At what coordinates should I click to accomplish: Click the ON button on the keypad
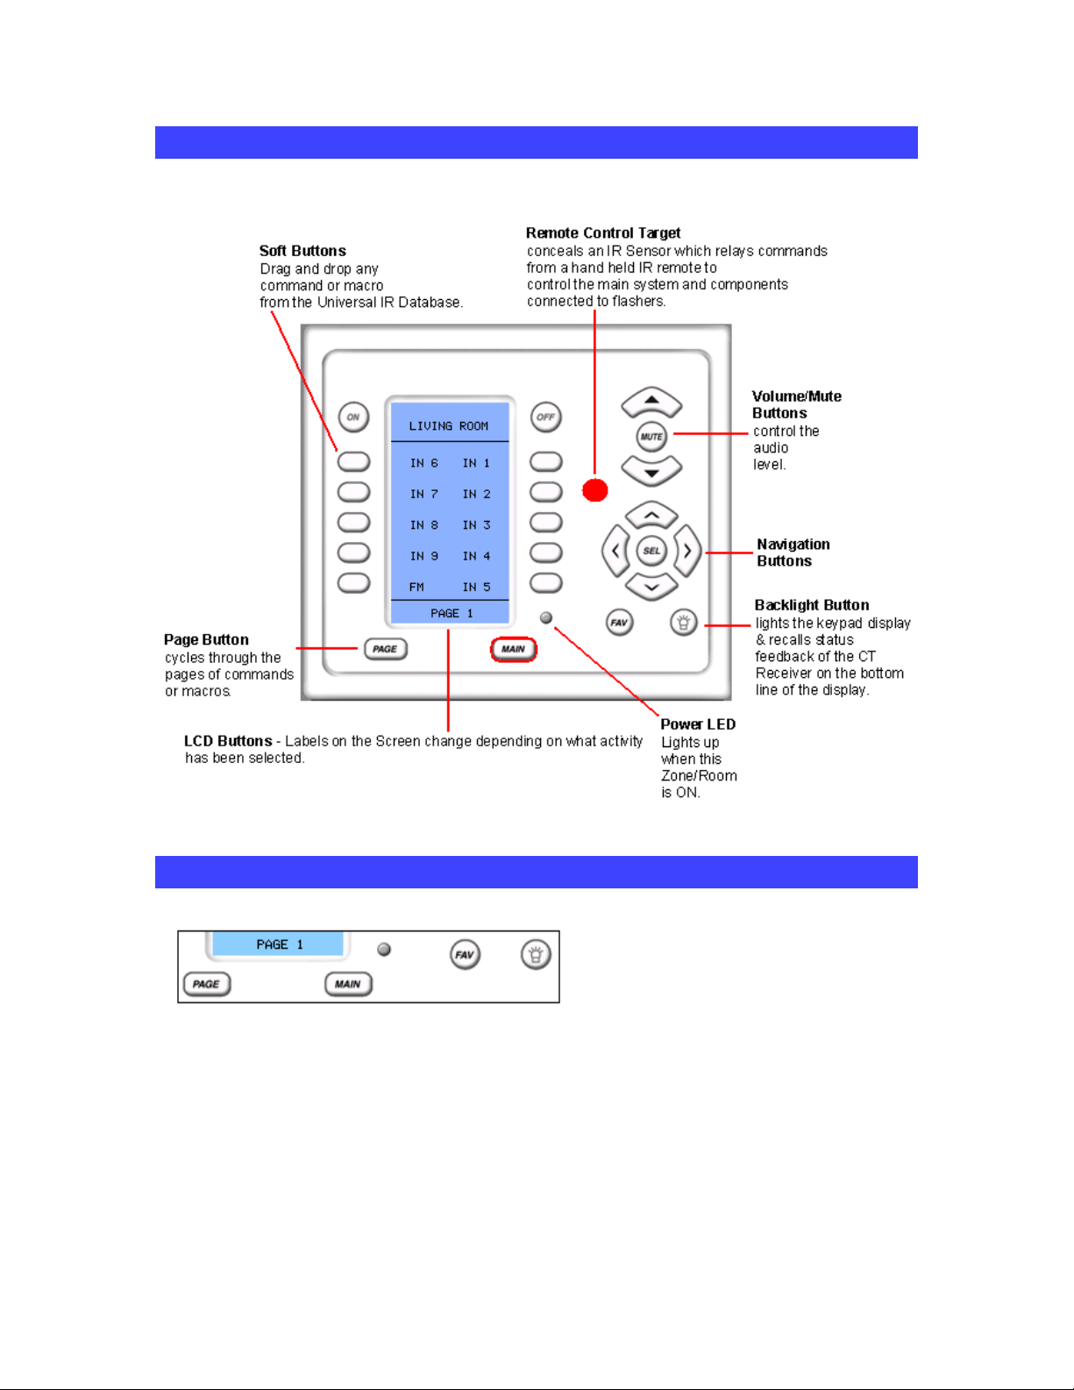(353, 417)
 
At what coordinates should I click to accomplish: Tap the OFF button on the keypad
(546, 417)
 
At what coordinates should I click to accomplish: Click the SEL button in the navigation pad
(651, 551)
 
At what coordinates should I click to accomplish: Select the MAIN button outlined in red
(514, 649)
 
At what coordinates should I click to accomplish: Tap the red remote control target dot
(595, 490)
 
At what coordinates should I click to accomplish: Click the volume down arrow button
(651, 472)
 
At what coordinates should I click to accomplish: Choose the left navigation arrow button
(615, 551)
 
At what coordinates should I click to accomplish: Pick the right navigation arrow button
(687, 551)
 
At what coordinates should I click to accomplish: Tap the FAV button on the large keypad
(619, 623)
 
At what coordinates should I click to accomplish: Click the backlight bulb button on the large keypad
(683, 623)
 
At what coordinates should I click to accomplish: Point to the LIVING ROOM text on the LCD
(449, 426)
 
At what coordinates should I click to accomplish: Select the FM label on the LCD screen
(416, 588)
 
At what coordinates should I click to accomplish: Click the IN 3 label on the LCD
(476, 525)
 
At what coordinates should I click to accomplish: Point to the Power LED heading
(698, 724)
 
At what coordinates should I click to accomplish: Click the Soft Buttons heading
(302, 251)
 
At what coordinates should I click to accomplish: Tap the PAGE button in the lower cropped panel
(207, 984)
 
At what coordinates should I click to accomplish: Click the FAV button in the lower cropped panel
(465, 955)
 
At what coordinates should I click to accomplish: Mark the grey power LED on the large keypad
(546, 618)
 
